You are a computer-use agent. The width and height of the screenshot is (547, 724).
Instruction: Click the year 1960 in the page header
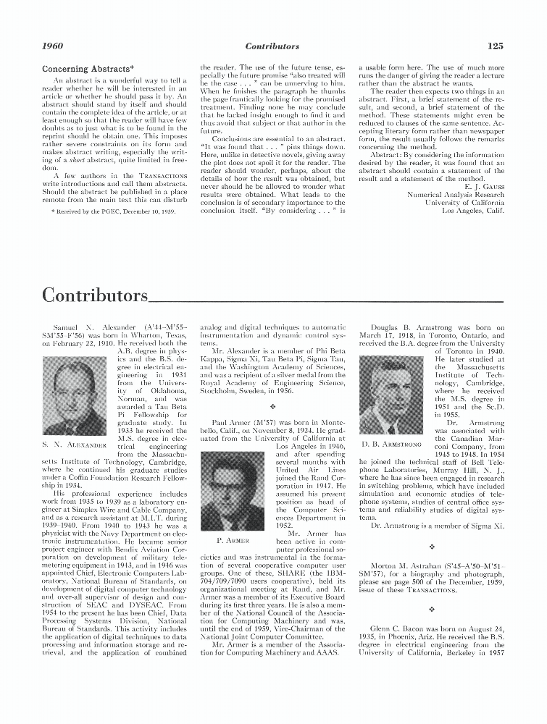click(x=53, y=46)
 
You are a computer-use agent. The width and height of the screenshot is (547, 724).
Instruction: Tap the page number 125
click(x=495, y=46)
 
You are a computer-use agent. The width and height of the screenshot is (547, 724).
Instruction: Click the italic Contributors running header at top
click(x=272, y=46)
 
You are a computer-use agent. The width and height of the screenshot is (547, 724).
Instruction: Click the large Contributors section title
click(x=94, y=295)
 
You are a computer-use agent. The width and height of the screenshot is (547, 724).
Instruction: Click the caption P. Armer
click(x=233, y=540)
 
